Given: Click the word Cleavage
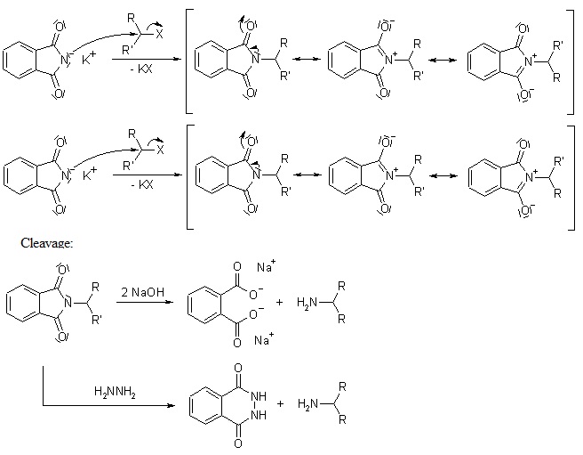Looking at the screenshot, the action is click(x=47, y=242).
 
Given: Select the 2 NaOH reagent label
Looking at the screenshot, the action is click(x=142, y=292).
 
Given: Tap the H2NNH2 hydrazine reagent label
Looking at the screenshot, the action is click(x=115, y=392).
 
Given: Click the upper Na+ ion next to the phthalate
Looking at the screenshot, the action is click(x=267, y=266).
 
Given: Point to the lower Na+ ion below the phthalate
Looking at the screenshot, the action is click(x=264, y=339).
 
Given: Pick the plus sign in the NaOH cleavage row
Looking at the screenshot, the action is click(x=279, y=302).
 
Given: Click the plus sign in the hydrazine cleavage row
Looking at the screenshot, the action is click(x=280, y=403).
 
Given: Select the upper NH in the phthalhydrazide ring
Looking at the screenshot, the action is click(x=259, y=395).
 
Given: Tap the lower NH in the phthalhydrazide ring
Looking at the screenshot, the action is click(x=259, y=414).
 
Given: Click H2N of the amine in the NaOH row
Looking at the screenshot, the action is click(x=307, y=302).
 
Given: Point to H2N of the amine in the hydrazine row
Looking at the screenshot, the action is click(x=307, y=403).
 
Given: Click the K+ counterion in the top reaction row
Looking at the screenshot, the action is click(x=89, y=58).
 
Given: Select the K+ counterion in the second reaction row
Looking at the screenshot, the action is click(x=89, y=174).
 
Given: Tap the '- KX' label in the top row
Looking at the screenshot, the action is click(x=141, y=69).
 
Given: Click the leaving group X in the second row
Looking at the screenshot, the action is click(x=159, y=150).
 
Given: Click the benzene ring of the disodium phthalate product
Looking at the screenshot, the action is click(x=204, y=302).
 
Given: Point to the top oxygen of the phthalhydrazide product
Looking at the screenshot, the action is click(x=238, y=368).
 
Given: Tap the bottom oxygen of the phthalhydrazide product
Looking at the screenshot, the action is click(x=238, y=443).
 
